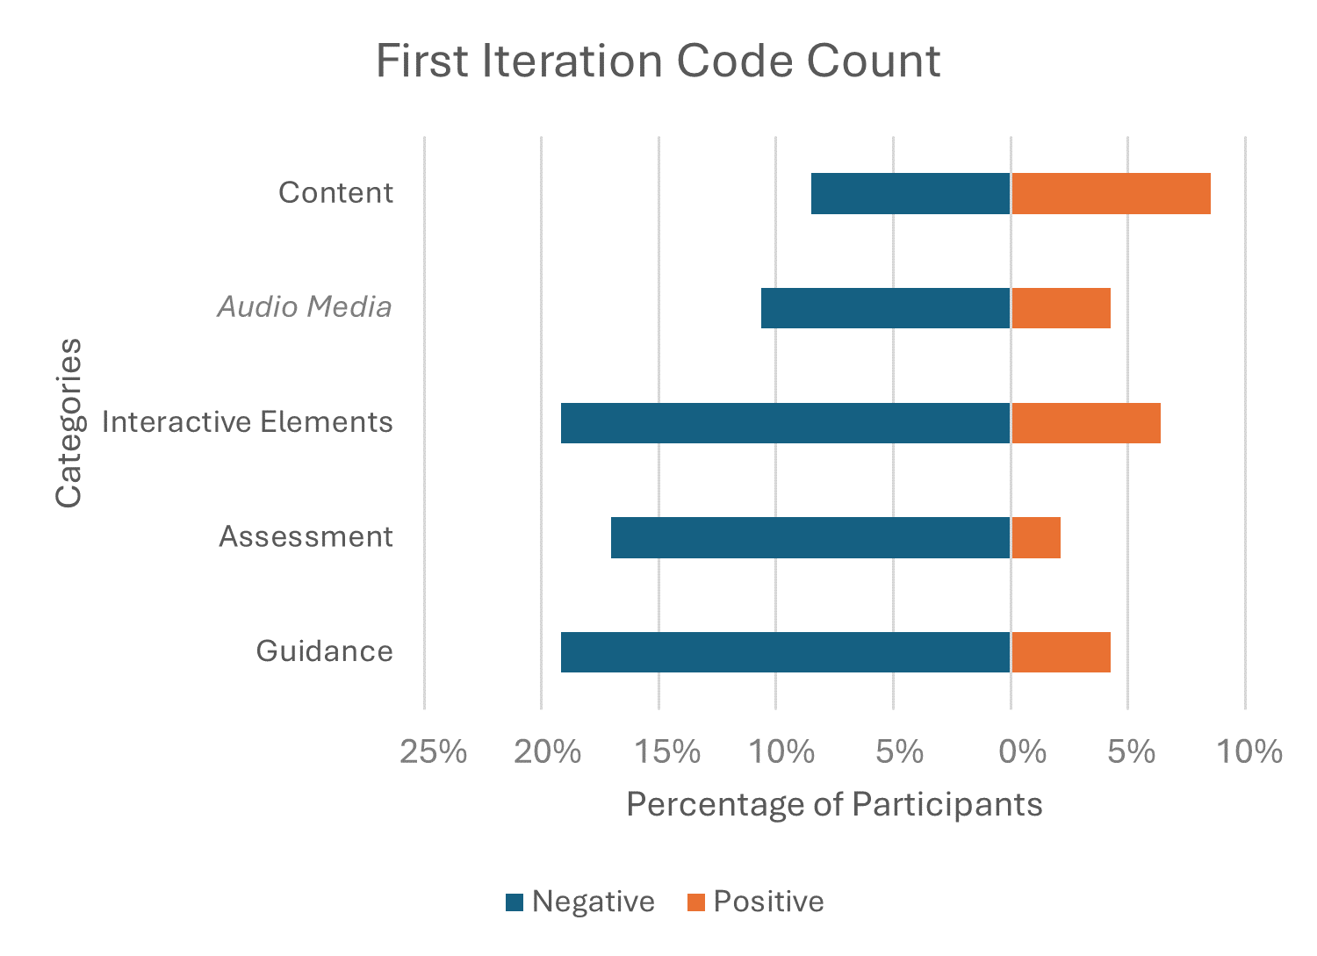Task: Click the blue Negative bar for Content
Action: coord(910,194)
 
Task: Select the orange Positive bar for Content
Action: coord(1111,194)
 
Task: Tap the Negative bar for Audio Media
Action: coord(886,308)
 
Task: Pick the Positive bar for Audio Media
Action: coord(1061,308)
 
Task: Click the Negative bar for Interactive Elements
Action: coord(786,423)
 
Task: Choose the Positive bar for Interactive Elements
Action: coord(1085,423)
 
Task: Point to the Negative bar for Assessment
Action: coord(810,537)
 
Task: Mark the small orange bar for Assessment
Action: coord(1036,537)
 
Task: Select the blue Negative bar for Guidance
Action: coord(786,652)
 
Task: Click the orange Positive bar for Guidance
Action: coord(1061,652)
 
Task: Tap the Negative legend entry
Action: coord(580,902)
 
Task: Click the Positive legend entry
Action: coord(756,902)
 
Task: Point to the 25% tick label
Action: coord(433,752)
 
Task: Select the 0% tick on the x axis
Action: coord(1023,752)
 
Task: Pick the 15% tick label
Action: coord(667,752)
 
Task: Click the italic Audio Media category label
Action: coord(305,307)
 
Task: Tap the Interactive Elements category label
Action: coord(248,422)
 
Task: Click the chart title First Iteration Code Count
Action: coord(658,61)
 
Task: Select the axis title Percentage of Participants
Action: coord(834,804)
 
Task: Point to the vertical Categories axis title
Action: coord(68,422)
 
